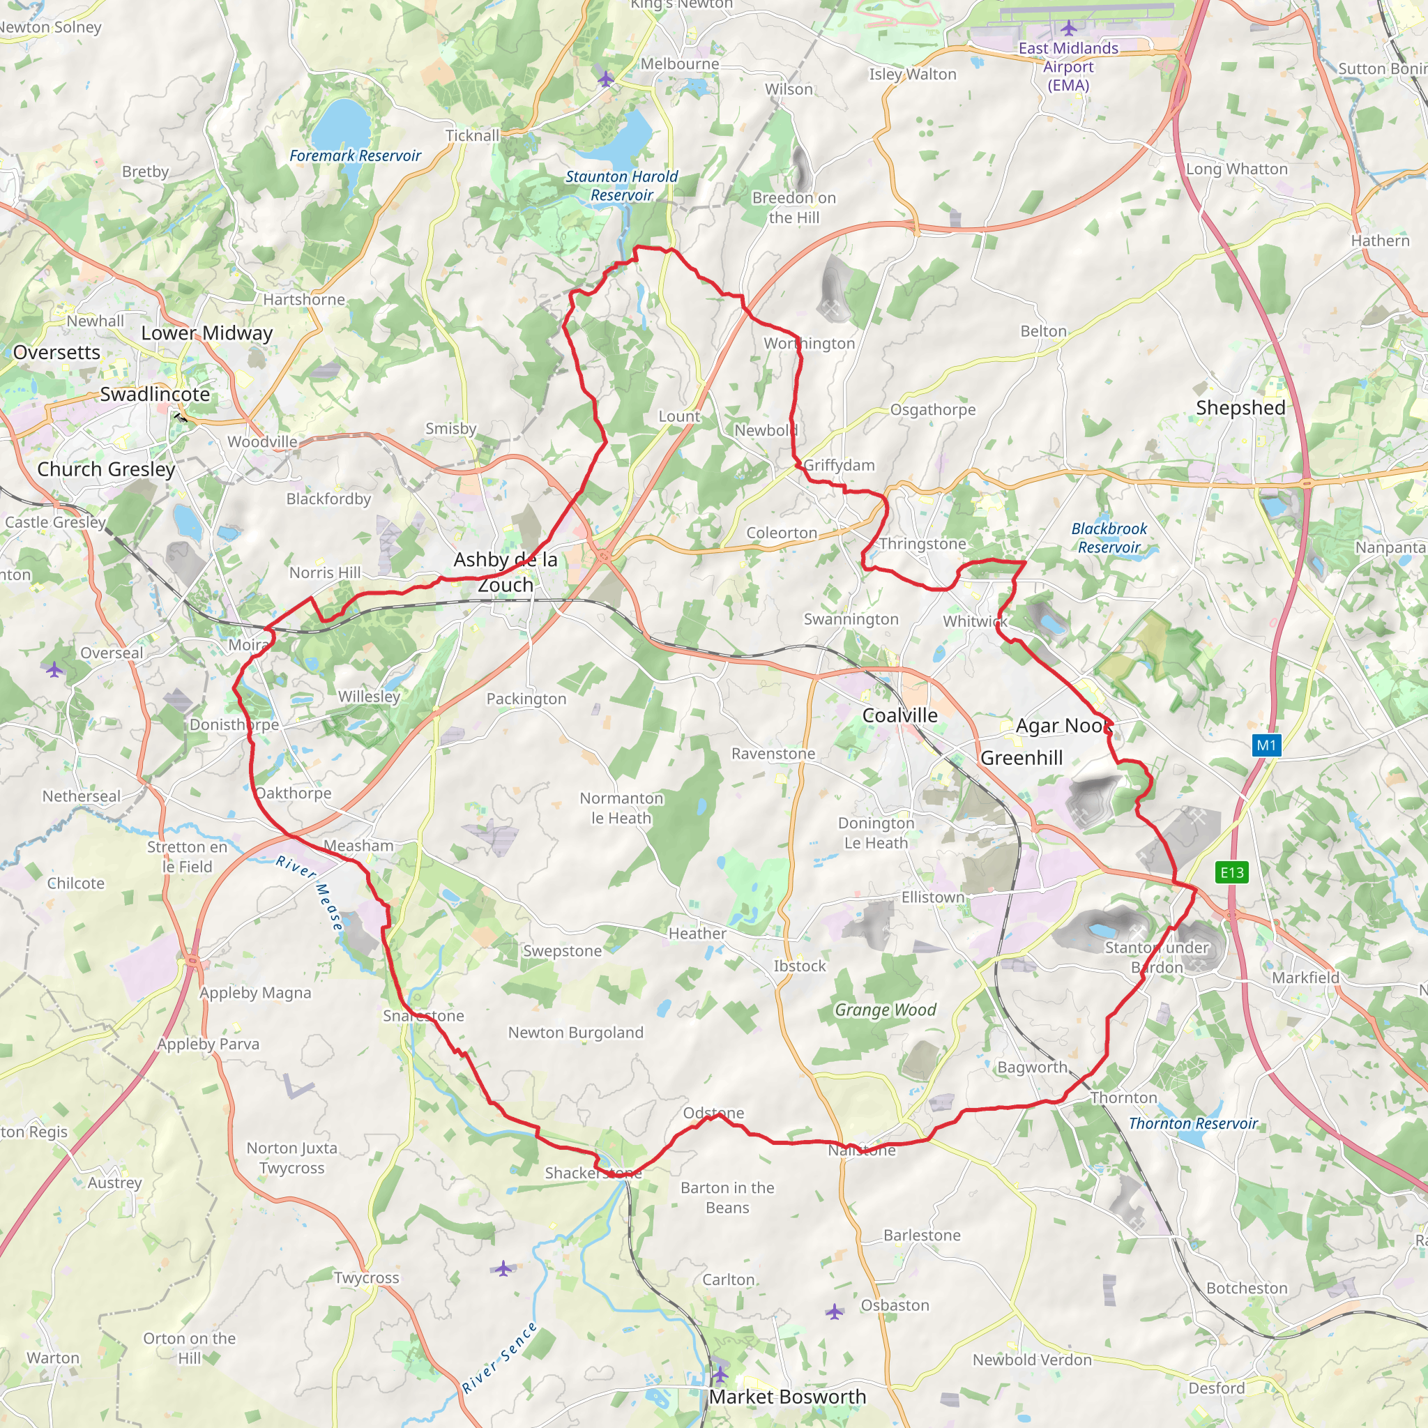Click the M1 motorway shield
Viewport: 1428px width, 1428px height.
[x=1266, y=745]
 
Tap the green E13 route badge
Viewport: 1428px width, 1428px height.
[x=1231, y=872]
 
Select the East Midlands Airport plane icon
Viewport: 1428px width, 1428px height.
[x=1069, y=28]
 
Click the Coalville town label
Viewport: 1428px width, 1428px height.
[x=899, y=715]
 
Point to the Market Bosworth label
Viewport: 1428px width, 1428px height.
[x=787, y=1396]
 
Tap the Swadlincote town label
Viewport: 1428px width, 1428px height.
[x=155, y=394]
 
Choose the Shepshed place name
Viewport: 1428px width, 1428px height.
[x=1240, y=407]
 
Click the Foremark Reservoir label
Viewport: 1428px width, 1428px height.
[x=355, y=156]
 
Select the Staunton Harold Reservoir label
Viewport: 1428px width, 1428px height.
[x=621, y=185]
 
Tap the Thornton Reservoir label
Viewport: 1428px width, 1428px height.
[x=1193, y=1123]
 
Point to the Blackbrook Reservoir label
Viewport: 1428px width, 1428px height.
[x=1109, y=538]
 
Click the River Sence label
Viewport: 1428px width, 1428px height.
[x=500, y=1358]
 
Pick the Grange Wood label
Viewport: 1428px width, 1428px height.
[x=886, y=1010]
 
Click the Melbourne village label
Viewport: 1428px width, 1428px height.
[x=679, y=63]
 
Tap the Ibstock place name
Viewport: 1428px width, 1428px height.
[x=800, y=965]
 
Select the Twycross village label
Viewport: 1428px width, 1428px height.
[x=366, y=1277]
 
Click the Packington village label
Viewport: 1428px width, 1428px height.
[x=526, y=699]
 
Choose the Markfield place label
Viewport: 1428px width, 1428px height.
[x=1305, y=977]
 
